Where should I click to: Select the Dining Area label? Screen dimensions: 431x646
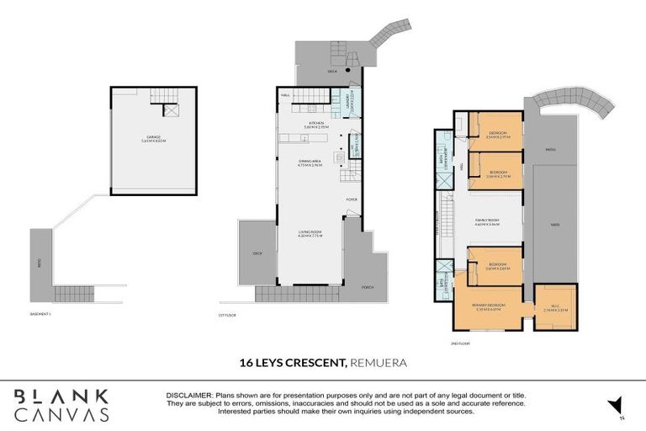click(x=310, y=163)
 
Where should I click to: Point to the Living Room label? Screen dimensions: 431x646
click(x=310, y=235)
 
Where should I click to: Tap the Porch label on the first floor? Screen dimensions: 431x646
click(x=368, y=286)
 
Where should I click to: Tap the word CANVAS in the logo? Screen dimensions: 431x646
click(x=61, y=414)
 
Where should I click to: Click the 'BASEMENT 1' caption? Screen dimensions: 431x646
click(x=40, y=315)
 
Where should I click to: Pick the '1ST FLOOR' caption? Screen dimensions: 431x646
click(x=227, y=315)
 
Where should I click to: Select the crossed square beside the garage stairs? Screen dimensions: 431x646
click(x=171, y=109)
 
